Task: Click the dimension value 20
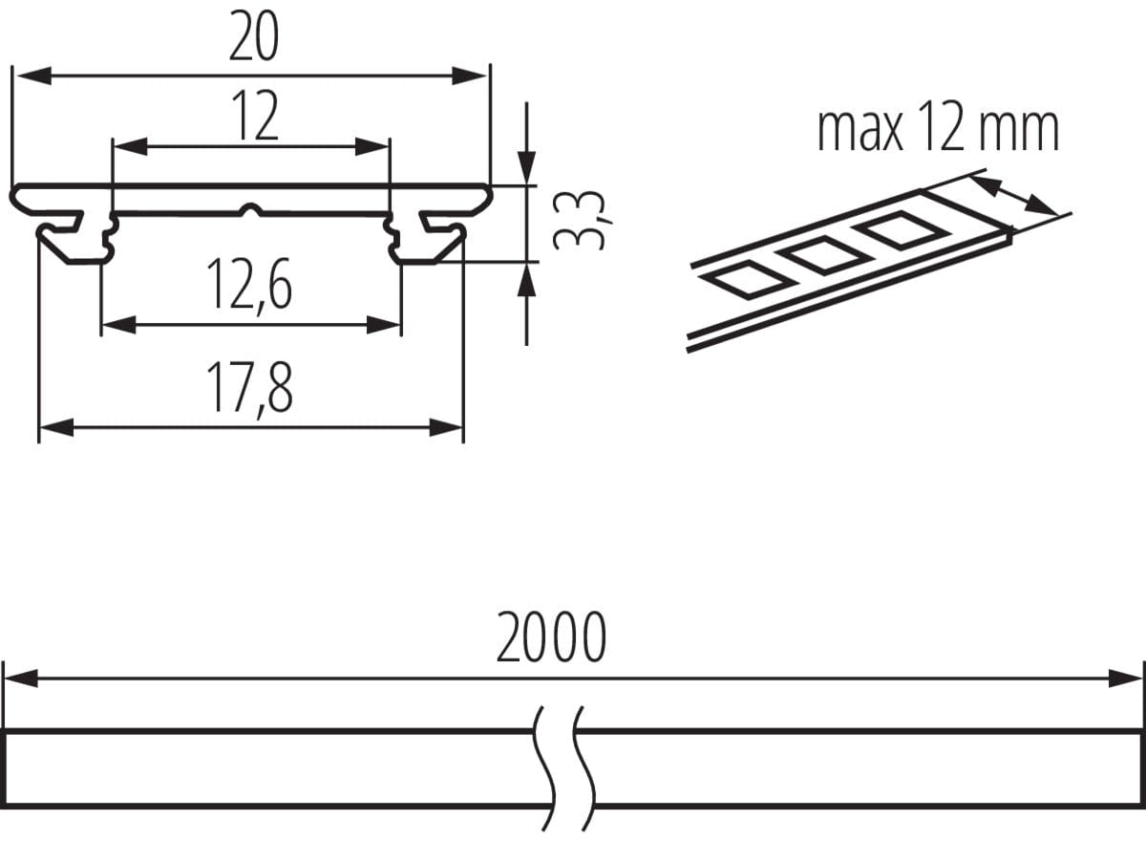tap(253, 38)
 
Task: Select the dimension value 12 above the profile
tap(253, 118)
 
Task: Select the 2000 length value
tap(551, 638)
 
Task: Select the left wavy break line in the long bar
tap(547, 765)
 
